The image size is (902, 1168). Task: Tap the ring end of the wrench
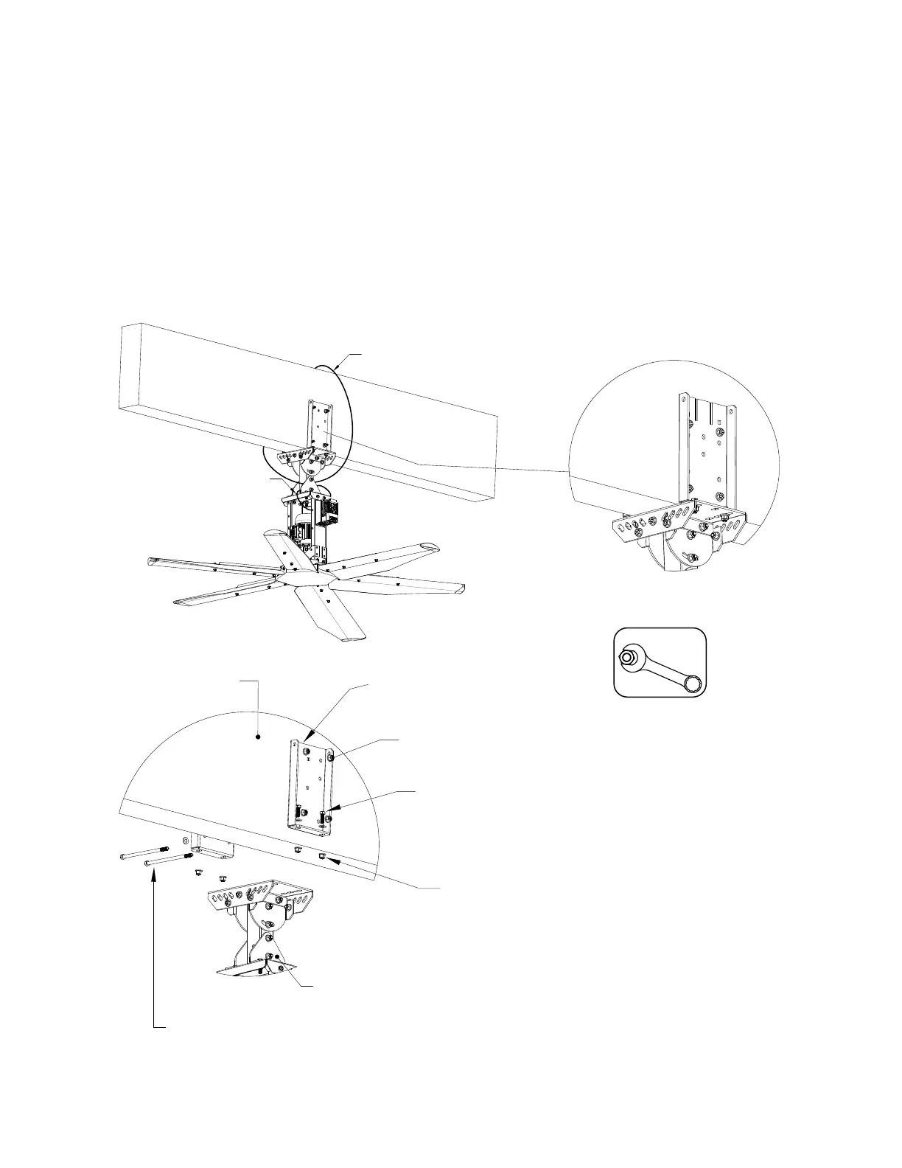click(x=693, y=684)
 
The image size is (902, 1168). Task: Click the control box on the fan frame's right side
click(x=328, y=515)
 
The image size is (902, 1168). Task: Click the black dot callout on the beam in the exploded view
click(x=257, y=737)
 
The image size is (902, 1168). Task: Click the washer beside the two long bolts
click(x=184, y=847)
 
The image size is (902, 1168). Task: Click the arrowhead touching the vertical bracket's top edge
click(x=307, y=737)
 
